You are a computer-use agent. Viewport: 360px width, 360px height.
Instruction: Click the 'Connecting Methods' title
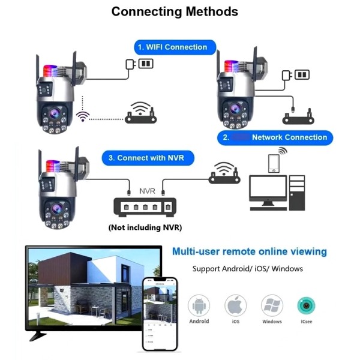pos(175,11)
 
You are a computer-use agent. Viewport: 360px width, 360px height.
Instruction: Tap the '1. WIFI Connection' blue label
pos(172,47)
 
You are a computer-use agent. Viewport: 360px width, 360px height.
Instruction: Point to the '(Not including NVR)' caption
pos(145,227)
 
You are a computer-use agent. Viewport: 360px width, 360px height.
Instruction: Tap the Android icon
pos(199,305)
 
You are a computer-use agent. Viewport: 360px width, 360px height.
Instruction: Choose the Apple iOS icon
pos(235,305)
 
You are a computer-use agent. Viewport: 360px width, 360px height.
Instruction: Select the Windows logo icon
pos(272,305)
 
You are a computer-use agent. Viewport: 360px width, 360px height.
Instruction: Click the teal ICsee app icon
pos(307,305)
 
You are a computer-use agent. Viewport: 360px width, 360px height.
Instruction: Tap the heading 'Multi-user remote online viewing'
pos(250,251)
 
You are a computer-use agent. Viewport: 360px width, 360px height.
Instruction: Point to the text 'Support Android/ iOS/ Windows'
pos(247,269)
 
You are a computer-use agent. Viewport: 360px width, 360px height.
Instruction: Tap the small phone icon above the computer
pos(274,163)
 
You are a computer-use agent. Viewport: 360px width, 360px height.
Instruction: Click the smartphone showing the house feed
pos(161,314)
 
